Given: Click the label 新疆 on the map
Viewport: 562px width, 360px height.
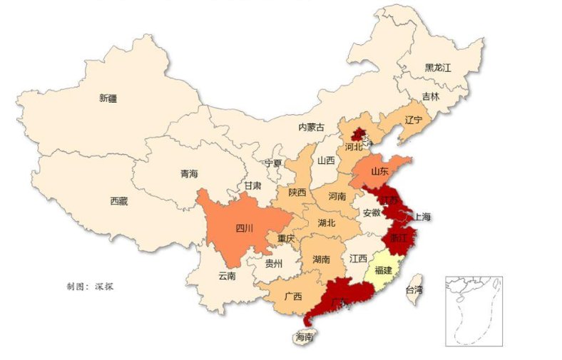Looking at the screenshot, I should click(x=108, y=98).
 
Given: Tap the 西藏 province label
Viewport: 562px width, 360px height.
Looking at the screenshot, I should click(x=119, y=202).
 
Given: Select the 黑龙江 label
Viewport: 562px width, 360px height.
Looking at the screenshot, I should click(x=438, y=68).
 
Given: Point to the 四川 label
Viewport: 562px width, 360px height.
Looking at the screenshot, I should click(x=244, y=229).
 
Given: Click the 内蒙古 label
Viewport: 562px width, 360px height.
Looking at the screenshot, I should click(x=311, y=128).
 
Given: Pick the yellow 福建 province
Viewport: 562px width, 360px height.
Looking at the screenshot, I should click(x=383, y=270).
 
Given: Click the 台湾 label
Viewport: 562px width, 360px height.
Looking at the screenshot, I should click(x=414, y=290).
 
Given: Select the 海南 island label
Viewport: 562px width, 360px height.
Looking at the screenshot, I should click(x=305, y=338).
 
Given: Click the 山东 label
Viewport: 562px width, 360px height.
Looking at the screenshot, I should click(x=379, y=172).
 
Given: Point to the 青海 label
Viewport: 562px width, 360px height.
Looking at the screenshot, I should click(x=189, y=173).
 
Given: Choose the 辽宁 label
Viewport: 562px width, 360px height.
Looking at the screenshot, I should click(x=413, y=119).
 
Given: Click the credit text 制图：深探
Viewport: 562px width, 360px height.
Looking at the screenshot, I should click(x=91, y=287).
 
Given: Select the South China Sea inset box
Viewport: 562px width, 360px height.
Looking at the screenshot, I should click(x=474, y=312).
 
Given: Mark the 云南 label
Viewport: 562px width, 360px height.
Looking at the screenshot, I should click(x=227, y=276).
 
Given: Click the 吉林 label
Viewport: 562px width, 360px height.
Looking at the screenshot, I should click(x=431, y=96).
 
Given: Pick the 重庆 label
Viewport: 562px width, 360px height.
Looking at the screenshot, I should click(x=286, y=238).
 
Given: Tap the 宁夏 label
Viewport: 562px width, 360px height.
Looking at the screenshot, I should click(x=273, y=163).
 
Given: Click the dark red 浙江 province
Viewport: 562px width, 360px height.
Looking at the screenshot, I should click(x=397, y=238).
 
